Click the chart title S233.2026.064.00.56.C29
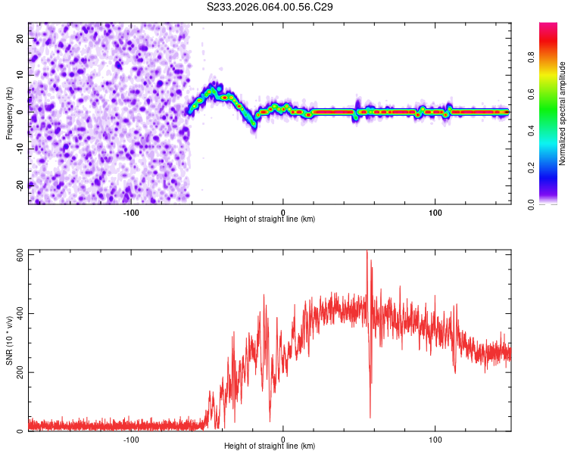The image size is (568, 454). pyautogui.click(x=270, y=7)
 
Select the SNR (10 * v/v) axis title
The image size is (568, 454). pyautogui.click(x=9, y=341)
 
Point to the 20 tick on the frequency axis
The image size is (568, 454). pyautogui.click(x=20, y=39)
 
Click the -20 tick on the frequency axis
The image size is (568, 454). pyautogui.click(x=20, y=184)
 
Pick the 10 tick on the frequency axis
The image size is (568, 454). pyautogui.click(x=20, y=75)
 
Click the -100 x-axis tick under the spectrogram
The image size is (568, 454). pyautogui.click(x=131, y=211)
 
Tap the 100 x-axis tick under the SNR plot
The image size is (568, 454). pyautogui.click(x=435, y=440)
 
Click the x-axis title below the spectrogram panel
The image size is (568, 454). pyautogui.click(x=270, y=219)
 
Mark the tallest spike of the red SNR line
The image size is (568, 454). pyautogui.click(x=367, y=252)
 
